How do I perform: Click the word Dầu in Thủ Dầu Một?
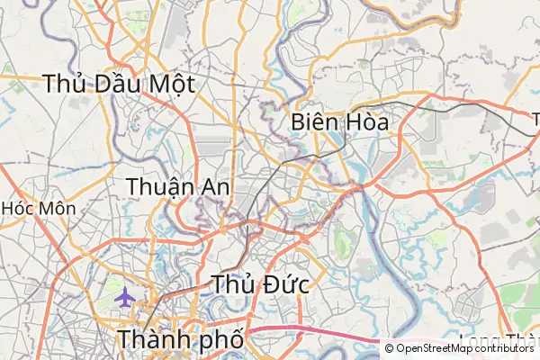tap(116, 85)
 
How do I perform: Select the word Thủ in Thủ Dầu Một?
tap(62, 85)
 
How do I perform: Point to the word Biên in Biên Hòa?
tap(314, 122)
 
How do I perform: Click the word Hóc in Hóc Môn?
tap(18, 208)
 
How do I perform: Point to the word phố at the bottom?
tap(219, 342)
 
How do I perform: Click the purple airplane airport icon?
tap(125, 297)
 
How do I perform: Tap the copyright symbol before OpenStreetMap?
tap(389, 348)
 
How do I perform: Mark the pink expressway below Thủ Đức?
tap(315, 334)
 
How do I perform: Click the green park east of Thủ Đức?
tap(342, 239)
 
